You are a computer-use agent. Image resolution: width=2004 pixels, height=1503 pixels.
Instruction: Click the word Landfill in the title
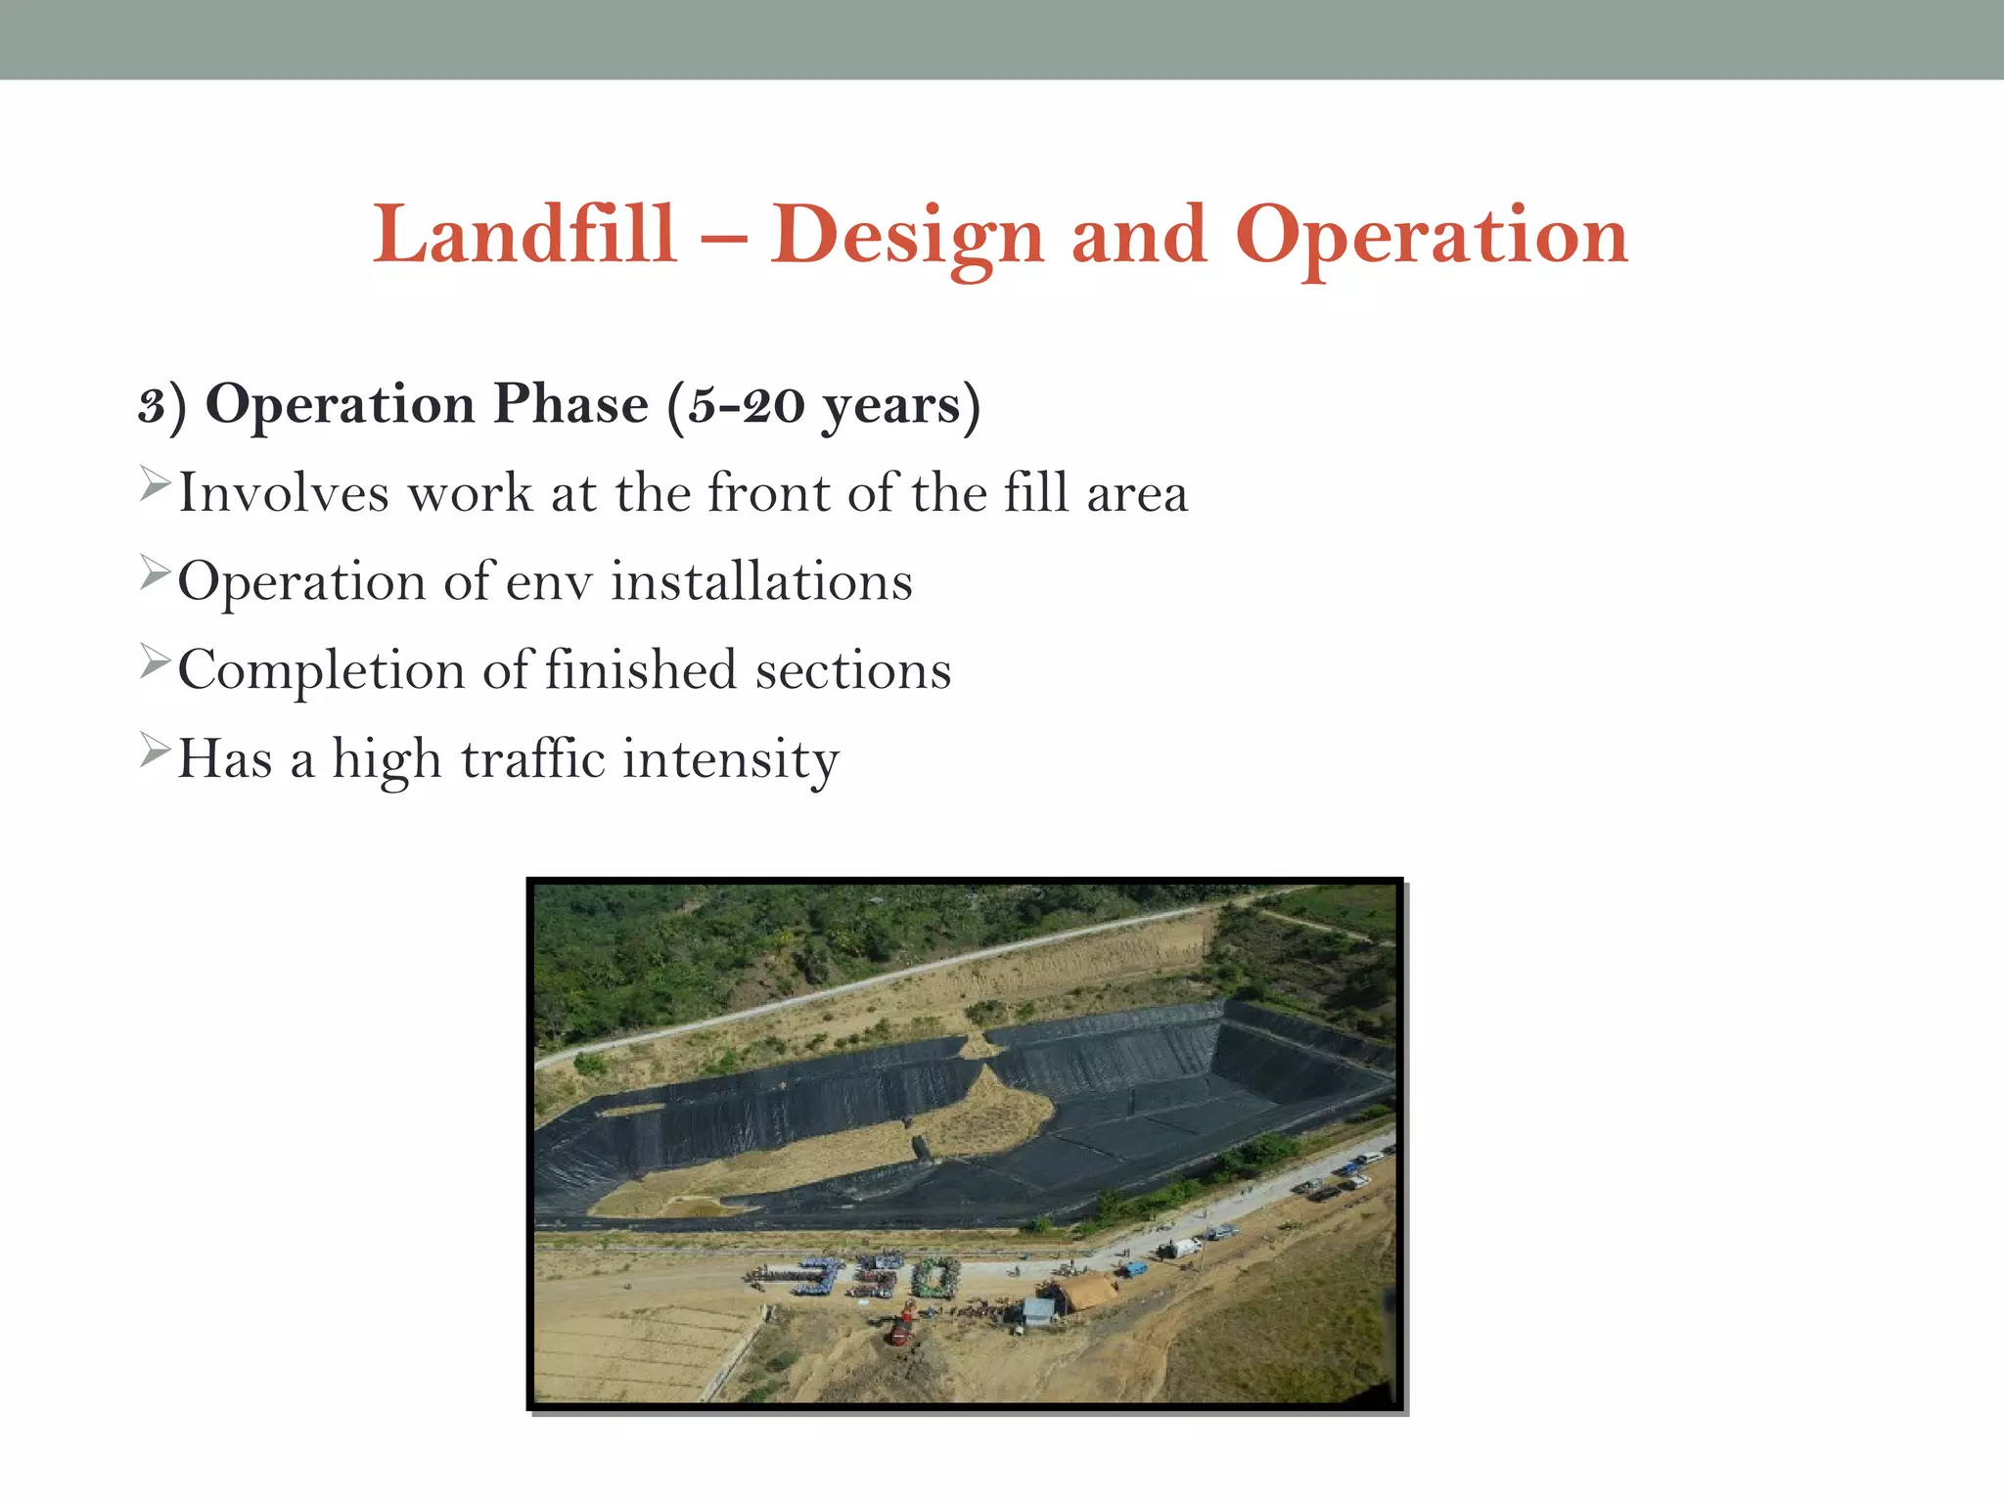(x=524, y=235)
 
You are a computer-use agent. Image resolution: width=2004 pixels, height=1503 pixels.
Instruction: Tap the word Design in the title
(x=906, y=235)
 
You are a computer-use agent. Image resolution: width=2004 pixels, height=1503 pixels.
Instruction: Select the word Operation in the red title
(x=1431, y=235)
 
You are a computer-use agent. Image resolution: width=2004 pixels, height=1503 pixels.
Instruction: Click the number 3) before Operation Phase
(x=161, y=404)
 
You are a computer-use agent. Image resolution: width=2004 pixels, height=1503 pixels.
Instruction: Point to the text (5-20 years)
(x=824, y=404)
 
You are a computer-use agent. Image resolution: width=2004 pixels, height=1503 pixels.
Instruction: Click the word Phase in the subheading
(x=569, y=404)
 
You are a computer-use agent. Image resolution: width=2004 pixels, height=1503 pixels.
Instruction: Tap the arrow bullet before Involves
(x=155, y=483)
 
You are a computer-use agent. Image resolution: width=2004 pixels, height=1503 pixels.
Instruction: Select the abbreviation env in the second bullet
(x=550, y=581)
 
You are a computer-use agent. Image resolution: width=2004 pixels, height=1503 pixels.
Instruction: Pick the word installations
(x=761, y=581)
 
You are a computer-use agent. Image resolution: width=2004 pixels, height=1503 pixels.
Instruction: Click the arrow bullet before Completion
(x=155, y=661)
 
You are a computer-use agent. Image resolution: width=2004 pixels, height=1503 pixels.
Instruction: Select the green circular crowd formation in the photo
(x=935, y=1277)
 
